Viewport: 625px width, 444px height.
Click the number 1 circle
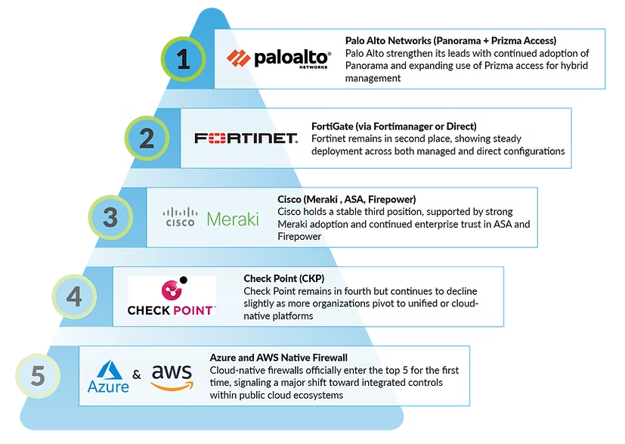point(184,61)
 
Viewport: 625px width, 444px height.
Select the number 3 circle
point(110,218)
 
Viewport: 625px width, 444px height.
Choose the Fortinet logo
point(246,138)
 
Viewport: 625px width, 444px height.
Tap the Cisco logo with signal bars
point(181,218)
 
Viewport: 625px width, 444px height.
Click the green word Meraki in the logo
point(233,219)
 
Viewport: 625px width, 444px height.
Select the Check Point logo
point(172,298)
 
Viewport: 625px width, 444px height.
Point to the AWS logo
point(172,376)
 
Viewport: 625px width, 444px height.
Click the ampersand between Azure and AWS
point(137,375)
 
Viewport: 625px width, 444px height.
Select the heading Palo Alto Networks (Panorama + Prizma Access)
point(450,40)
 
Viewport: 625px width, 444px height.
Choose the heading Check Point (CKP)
point(283,278)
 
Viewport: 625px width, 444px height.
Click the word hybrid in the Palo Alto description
point(571,66)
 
